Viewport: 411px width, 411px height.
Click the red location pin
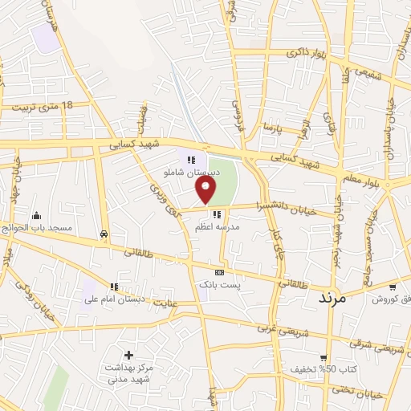[x=206, y=190]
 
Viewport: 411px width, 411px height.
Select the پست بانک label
[x=219, y=285]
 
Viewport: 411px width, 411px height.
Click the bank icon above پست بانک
[x=219, y=273]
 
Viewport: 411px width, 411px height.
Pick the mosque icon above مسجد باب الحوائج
[x=36, y=216]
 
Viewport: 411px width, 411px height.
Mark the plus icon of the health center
[x=128, y=355]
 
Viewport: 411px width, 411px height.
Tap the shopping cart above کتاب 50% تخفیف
[x=323, y=358]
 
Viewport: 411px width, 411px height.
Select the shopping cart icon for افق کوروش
[x=392, y=287]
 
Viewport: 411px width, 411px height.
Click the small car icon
[x=104, y=234]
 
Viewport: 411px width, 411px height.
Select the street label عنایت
[x=185, y=303]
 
